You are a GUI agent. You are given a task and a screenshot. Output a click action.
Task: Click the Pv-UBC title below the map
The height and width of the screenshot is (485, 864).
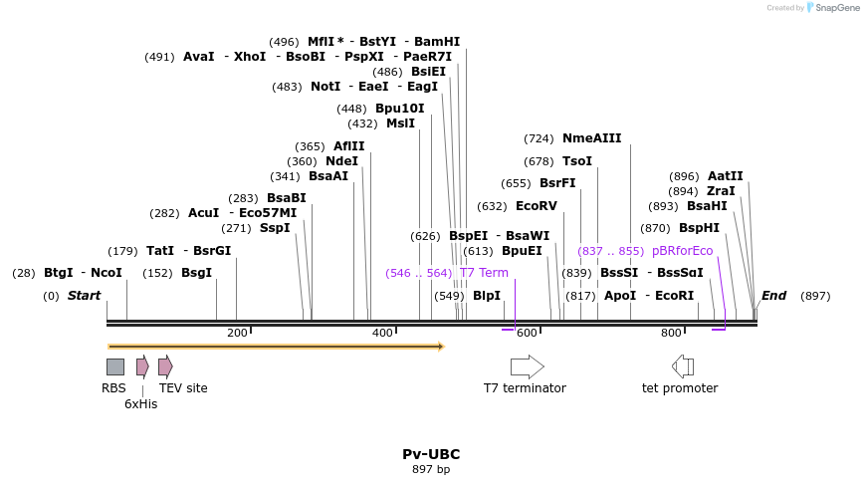(431, 454)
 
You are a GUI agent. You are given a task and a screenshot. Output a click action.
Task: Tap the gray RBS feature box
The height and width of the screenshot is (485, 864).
(115, 366)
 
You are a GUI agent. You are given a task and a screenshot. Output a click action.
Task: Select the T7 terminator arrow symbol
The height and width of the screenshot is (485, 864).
(527, 366)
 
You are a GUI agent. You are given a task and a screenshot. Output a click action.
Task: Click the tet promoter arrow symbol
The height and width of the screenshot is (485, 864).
(683, 366)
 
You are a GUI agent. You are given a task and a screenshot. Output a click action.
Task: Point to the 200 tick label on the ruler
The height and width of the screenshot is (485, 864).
(237, 333)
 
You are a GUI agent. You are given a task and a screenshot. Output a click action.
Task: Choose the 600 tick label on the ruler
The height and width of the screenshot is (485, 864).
(527, 333)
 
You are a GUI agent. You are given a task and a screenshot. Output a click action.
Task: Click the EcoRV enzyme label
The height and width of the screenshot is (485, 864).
(537, 206)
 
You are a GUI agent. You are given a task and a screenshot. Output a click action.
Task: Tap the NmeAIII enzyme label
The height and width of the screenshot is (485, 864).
(591, 138)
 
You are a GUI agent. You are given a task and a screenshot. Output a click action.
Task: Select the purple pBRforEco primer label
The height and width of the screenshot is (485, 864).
(683, 251)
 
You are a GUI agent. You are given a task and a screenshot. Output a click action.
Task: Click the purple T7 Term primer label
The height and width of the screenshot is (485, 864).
(484, 273)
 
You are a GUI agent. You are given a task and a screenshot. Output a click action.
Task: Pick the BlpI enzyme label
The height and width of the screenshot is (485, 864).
(487, 296)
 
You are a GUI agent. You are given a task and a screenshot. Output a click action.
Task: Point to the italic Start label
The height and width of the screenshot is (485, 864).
(85, 296)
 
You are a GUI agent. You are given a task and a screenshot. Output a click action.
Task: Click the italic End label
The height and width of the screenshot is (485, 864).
(773, 296)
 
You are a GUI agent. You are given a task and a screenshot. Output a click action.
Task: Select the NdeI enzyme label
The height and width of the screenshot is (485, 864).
(341, 161)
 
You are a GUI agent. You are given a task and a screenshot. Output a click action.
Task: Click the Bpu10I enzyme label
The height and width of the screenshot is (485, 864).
(399, 109)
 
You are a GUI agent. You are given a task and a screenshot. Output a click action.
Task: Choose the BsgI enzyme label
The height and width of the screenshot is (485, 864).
(196, 273)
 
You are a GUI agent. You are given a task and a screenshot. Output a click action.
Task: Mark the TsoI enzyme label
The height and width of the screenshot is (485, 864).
(577, 161)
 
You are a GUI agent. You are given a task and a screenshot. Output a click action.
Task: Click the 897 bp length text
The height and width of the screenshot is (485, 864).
(431, 469)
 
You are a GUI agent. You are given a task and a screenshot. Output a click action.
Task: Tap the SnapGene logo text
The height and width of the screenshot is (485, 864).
(834, 8)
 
